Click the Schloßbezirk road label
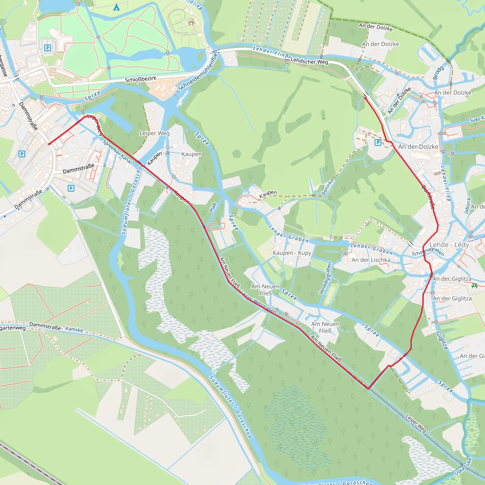tap(141, 79)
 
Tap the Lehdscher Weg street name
tap(309, 61)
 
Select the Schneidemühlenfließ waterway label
tap(198, 70)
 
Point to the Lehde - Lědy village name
tap(449, 245)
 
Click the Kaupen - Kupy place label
tap(292, 253)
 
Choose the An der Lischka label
tap(371, 260)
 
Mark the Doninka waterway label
tap(327, 187)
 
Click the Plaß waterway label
tap(213, 208)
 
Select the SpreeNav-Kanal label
tap(117, 152)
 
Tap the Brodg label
tap(439, 73)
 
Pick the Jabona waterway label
tap(467, 206)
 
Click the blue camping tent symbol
tap(117, 8)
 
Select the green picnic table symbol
tap(474, 286)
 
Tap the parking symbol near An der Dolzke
tap(378, 143)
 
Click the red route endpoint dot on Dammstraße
tap(49, 144)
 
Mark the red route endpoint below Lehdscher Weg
tap(365, 98)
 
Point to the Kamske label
tap(74, 329)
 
